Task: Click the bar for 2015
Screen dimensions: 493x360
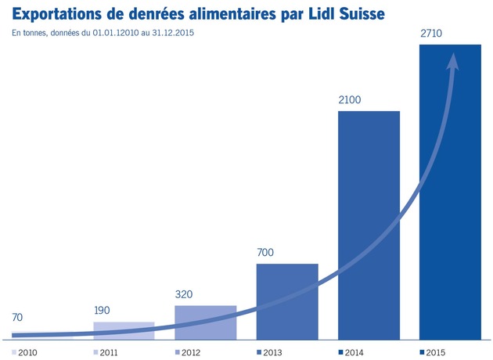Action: tap(450, 192)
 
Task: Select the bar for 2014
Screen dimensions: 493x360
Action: tap(369, 225)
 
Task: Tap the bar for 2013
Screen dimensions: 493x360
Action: tap(287, 302)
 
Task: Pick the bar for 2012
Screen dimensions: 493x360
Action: tap(206, 322)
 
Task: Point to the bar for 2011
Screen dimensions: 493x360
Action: tap(124, 331)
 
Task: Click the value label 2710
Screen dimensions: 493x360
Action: tap(431, 33)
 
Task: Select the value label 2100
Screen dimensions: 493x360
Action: tap(350, 99)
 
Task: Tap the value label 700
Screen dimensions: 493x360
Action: tap(265, 252)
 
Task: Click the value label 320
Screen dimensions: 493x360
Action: tap(184, 294)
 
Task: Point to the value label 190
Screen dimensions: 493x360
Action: tap(102, 311)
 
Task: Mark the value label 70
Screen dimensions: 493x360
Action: tap(17, 317)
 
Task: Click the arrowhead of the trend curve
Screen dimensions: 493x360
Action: tap(453, 61)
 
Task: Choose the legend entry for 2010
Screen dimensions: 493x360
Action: tap(24, 352)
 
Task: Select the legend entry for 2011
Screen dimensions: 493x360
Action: tap(106, 352)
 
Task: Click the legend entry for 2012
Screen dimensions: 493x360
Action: tap(188, 352)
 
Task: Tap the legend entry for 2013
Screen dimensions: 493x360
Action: tap(269, 352)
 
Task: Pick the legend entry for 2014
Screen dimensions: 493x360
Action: tap(351, 352)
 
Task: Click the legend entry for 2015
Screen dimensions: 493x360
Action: tap(433, 352)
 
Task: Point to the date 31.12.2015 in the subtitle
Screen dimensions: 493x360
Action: tap(173, 33)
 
